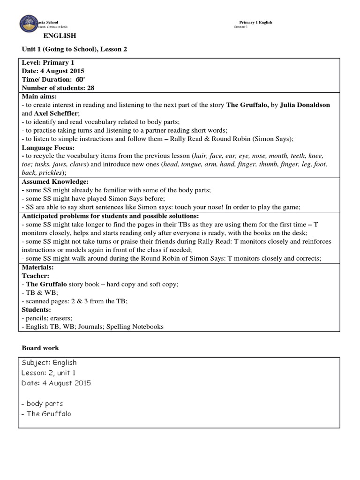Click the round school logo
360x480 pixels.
pyautogui.click(x=30, y=25)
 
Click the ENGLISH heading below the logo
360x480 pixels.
pyautogui.click(x=60, y=36)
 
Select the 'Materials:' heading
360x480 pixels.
pyautogui.click(x=37, y=267)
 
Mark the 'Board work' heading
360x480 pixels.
pyautogui.click(x=40, y=348)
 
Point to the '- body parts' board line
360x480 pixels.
pyautogui.click(x=42, y=404)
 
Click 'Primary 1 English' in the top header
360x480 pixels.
pyautogui.click(x=255, y=22)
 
